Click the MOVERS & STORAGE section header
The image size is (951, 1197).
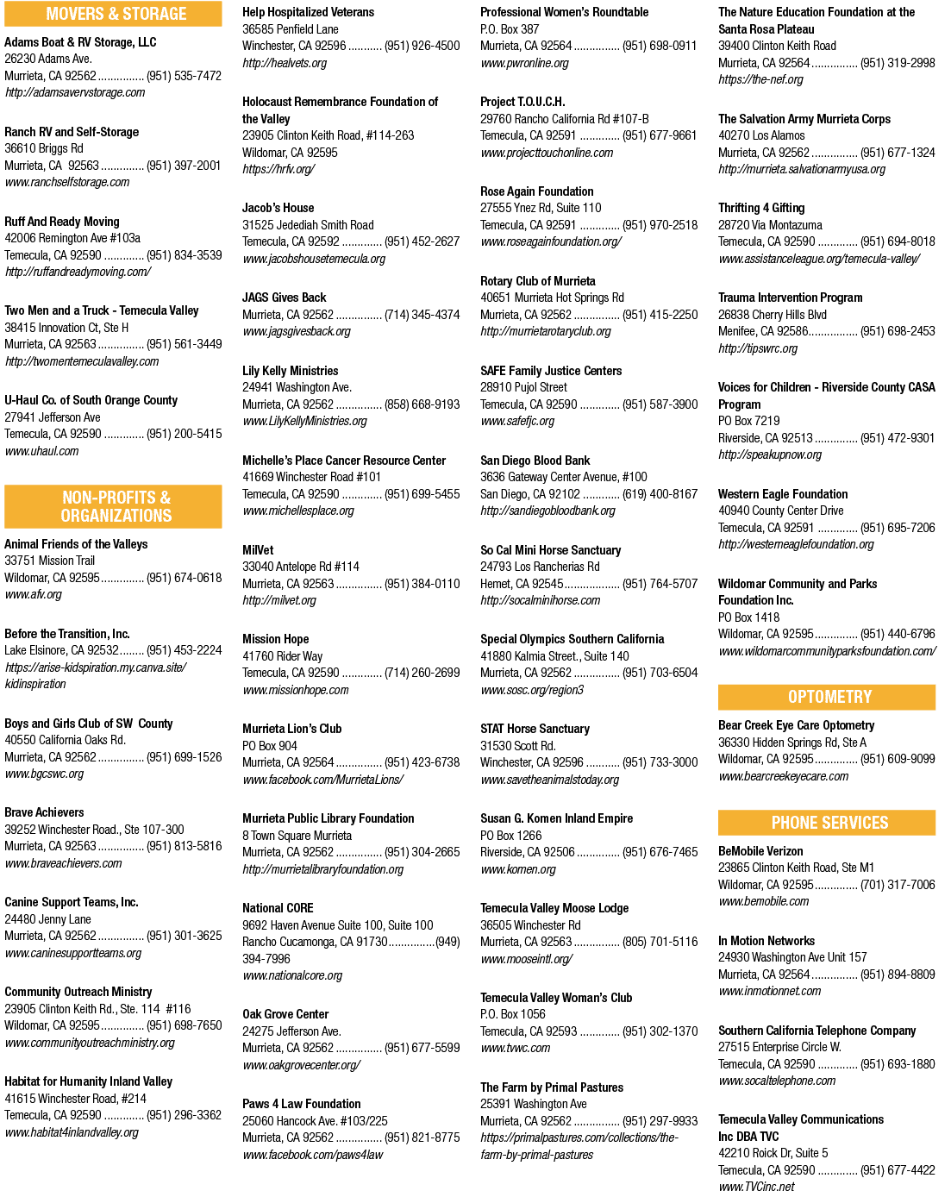tap(113, 14)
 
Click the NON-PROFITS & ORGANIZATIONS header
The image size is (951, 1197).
tap(113, 506)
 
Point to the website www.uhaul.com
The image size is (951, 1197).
tap(41, 451)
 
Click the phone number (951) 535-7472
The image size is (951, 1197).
tap(184, 76)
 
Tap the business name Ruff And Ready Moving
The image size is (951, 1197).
tap(62, 222)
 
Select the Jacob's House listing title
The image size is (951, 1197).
tap(278, 208)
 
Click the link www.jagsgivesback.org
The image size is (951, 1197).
tap(297, 331)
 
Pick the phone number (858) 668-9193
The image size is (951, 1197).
tap(422, 404)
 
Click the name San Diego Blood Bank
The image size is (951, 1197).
tap(535, 461)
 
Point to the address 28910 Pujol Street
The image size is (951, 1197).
tap(523, 387)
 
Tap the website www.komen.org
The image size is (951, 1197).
tap(518, 869)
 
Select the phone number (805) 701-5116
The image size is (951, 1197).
tap(660, 942)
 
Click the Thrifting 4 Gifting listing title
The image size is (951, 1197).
tap(760, 208)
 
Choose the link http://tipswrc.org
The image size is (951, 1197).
tap(758, 348)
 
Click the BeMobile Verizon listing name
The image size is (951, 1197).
tap(760, 851)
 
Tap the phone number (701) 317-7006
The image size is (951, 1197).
tap(898, 885)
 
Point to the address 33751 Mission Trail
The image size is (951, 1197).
tap(49, 561)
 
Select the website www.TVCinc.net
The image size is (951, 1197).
tap(756, 1187)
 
